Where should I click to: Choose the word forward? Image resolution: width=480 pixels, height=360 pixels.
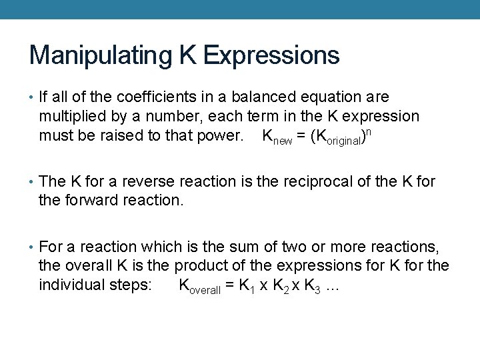click(89, 200)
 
